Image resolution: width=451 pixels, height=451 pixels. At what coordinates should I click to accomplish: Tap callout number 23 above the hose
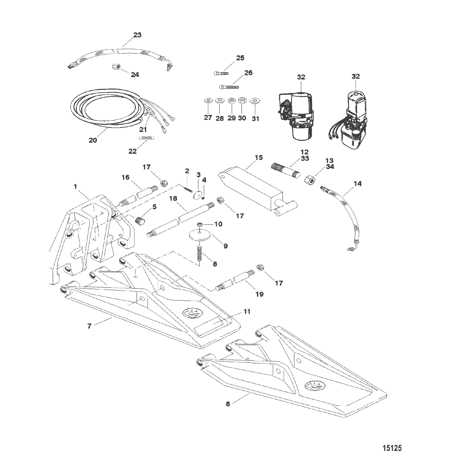point(137,35)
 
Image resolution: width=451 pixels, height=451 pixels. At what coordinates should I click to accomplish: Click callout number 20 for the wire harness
point(93,140)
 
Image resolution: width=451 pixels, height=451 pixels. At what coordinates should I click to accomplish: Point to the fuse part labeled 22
point(143,139)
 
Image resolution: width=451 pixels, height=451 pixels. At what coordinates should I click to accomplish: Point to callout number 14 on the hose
point(358,184)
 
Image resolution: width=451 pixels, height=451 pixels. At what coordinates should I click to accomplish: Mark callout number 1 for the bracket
point(75,186)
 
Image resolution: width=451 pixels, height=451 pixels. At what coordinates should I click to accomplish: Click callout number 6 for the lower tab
point(228,403)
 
